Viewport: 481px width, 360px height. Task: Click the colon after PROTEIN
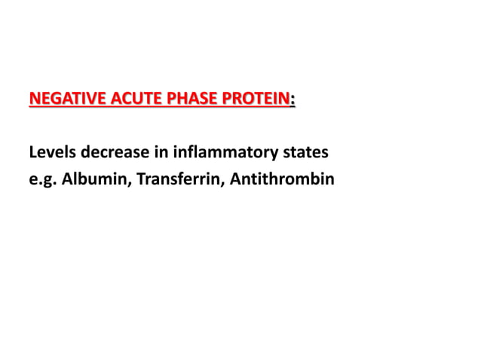click(x=293, y=99)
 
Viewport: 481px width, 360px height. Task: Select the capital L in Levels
click(x=32, y=154)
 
